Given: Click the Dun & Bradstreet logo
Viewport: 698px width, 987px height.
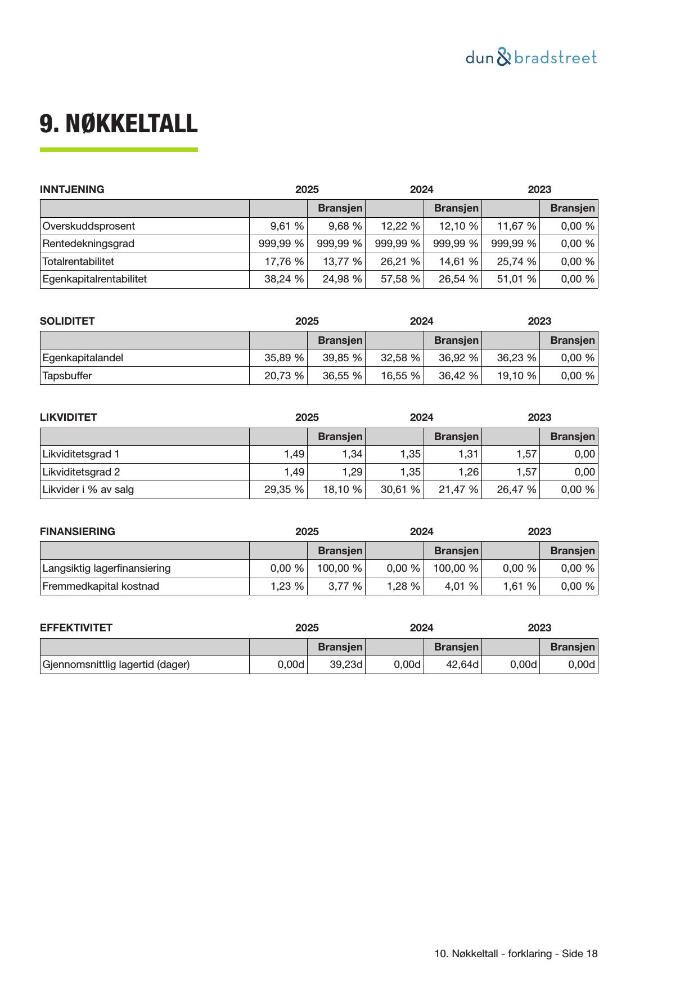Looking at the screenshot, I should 531,57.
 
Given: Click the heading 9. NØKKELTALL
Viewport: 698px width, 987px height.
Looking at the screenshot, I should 119,124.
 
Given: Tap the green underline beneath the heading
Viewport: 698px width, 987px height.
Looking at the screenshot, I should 119,150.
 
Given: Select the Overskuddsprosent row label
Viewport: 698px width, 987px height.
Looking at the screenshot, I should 89,226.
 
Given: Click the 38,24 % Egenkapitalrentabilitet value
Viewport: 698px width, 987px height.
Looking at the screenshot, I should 284,279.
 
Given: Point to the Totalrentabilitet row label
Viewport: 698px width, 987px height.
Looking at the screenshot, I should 78,262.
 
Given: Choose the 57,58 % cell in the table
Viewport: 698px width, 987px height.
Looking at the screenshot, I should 400,279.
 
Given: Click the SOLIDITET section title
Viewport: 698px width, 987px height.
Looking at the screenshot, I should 67,321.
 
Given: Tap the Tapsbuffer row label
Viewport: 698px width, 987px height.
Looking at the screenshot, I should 67,376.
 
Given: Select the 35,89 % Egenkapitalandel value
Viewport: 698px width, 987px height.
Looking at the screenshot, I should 284,358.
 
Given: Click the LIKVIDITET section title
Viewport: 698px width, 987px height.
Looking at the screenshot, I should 68,418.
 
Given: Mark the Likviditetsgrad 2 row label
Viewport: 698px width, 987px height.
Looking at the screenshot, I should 81,472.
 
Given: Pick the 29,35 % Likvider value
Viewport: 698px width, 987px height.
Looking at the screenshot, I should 284,490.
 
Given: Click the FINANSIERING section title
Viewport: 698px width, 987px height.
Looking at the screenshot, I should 78,532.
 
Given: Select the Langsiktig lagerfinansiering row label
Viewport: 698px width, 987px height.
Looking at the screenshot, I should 106,568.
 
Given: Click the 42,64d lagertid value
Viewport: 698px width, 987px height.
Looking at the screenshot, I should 460,665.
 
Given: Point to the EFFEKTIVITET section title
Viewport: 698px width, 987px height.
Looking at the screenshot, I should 76,628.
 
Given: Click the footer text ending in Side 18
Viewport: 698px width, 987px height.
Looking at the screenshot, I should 516,954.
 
